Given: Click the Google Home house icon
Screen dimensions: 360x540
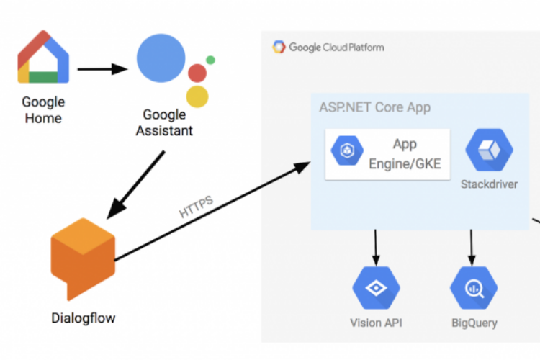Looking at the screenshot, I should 43,58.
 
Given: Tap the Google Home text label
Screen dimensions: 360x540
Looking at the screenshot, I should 43,110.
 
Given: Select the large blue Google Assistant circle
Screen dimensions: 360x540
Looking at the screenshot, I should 161,57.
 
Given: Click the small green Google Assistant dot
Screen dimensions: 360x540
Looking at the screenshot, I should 210,60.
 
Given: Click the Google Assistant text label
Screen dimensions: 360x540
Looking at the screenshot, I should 164,122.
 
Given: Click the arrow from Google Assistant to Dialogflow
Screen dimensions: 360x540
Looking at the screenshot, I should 137,184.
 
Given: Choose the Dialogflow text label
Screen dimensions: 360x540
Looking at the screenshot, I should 83,318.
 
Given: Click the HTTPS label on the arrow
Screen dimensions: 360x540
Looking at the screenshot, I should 196,206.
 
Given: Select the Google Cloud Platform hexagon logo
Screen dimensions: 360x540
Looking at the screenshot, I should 279,48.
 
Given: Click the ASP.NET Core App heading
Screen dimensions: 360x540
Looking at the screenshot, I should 374,108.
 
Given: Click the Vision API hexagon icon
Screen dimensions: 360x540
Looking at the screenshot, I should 375,288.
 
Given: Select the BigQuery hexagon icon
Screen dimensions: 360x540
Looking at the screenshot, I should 473,288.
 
